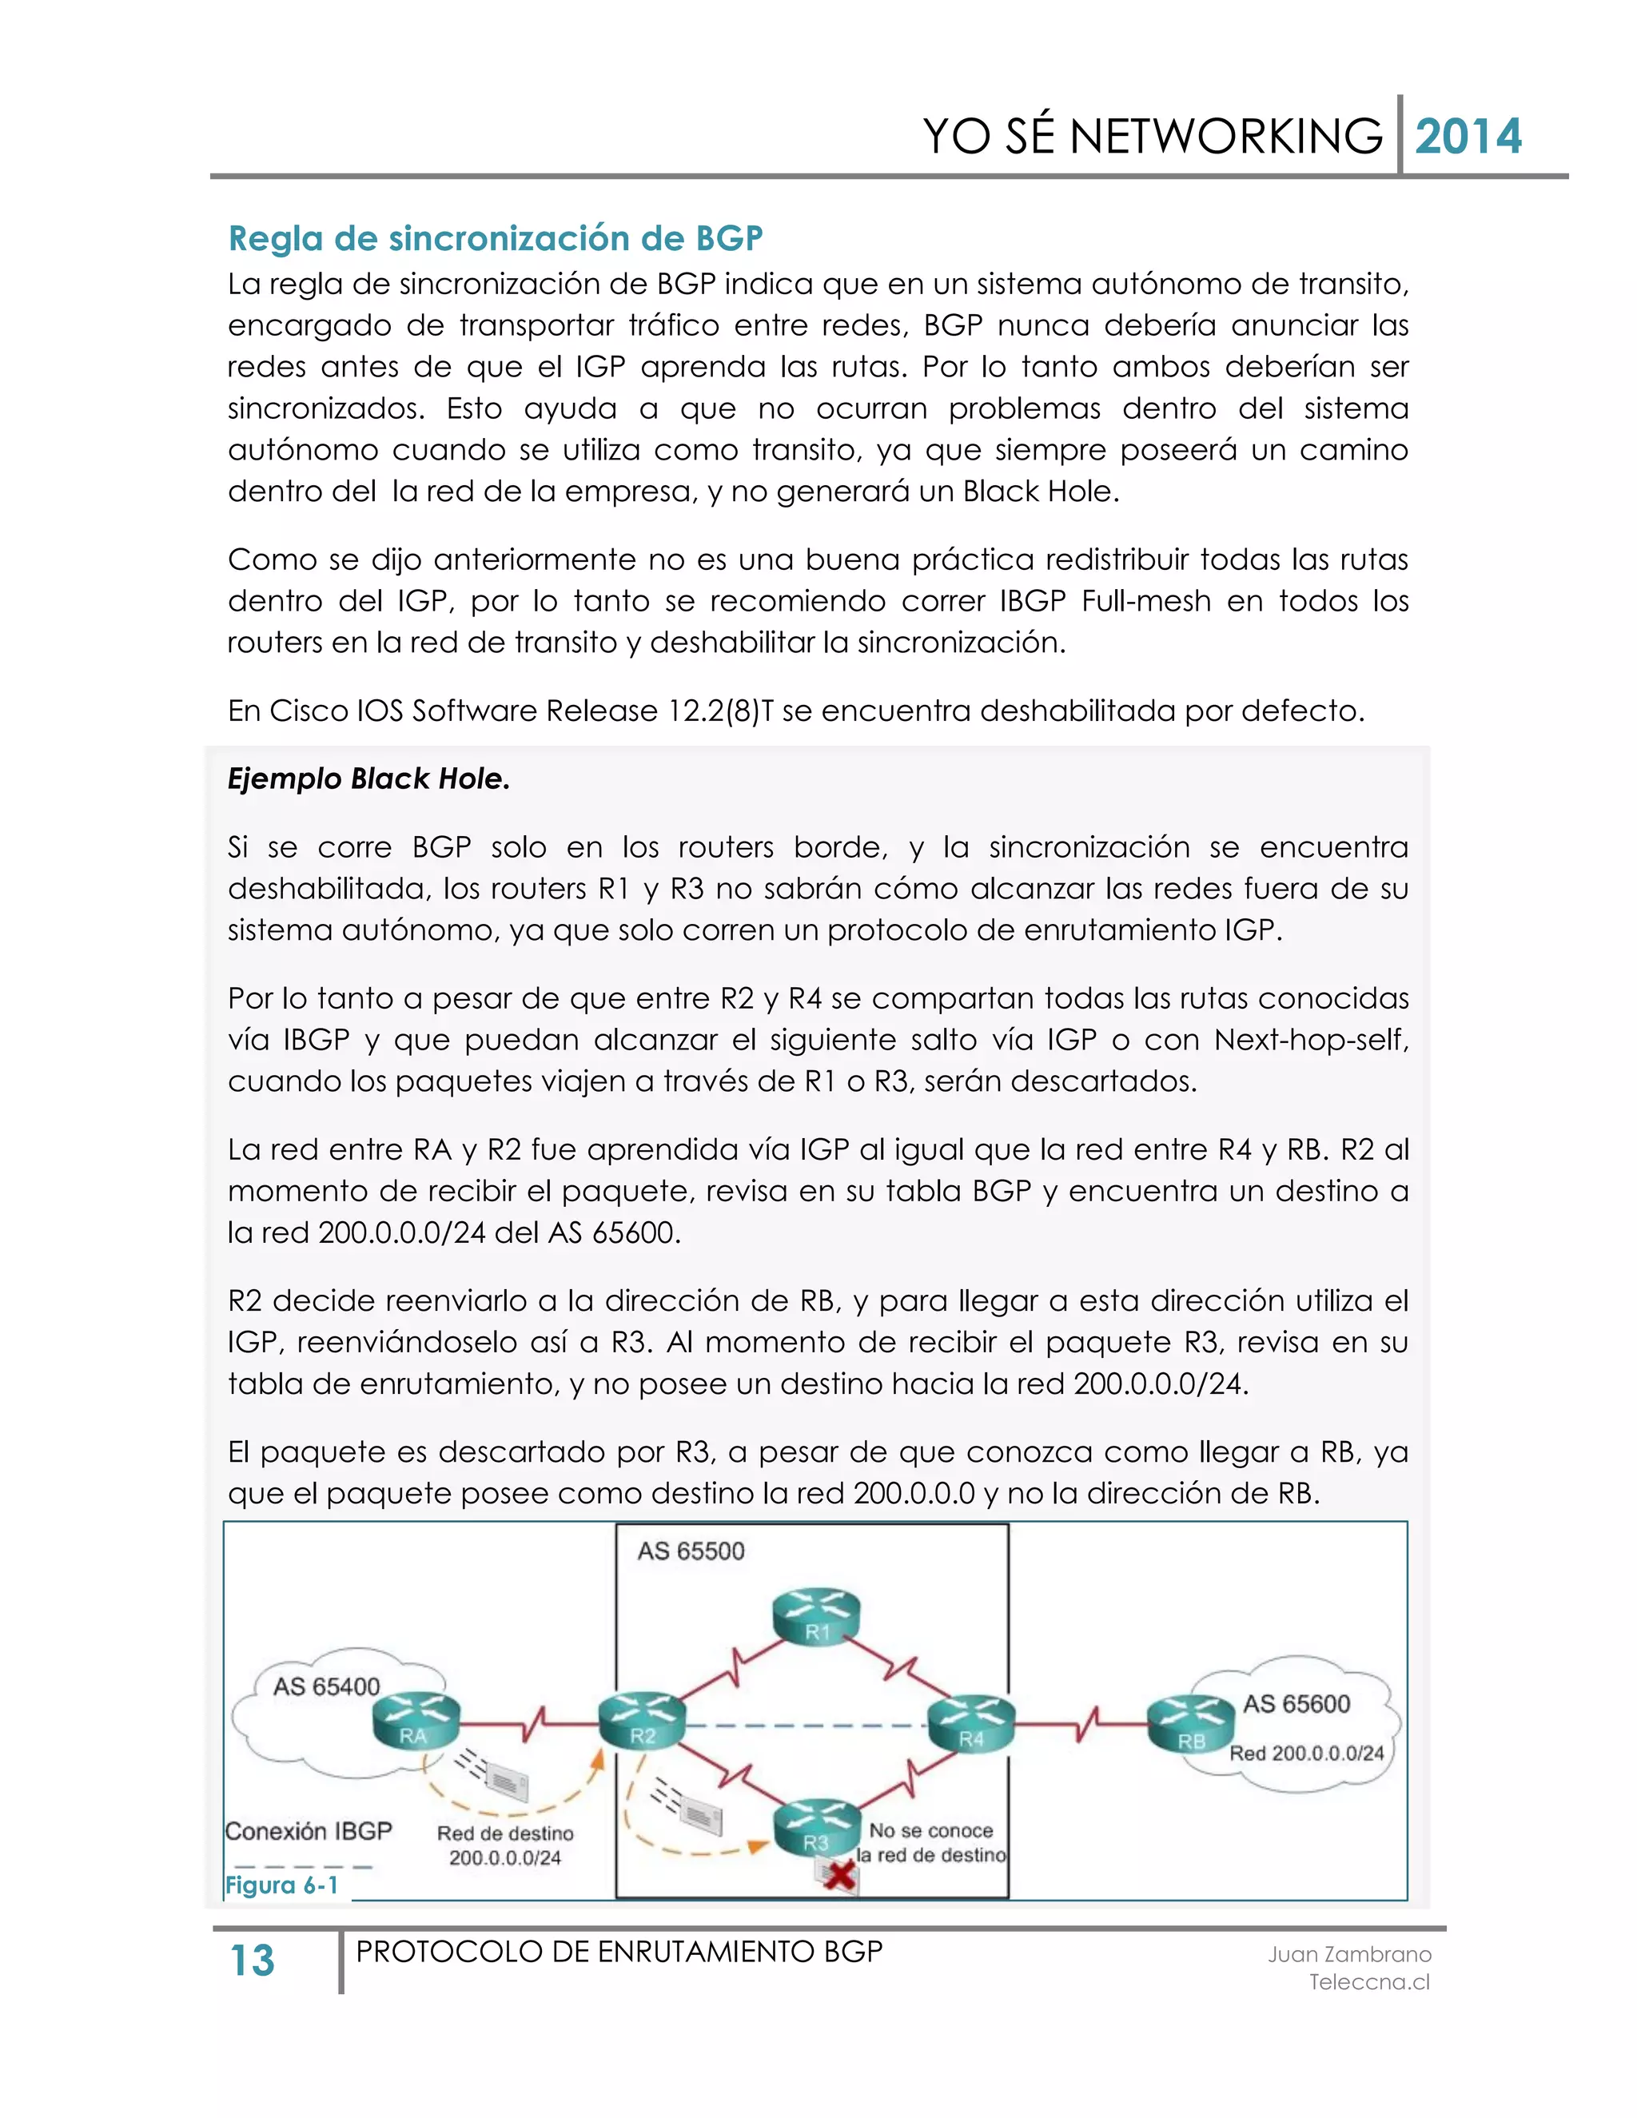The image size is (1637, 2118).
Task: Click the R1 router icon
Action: click(817, 1618)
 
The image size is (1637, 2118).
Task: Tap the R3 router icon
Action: click(817, 1828)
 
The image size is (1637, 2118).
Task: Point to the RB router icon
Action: click(1190, 1726)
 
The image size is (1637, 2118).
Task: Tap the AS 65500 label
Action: click(691, 1551)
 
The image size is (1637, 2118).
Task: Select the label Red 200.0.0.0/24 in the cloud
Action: click(1305, 1754)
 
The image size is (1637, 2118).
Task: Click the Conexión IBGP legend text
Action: click(309, 1831)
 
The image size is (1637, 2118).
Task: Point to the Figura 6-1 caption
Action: click(281, 1885)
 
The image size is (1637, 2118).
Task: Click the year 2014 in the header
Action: click(1468, 137)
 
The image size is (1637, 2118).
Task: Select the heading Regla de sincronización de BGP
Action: click(495, 237)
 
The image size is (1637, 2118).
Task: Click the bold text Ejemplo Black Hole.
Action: click(368, 778)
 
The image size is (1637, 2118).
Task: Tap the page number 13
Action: click(252, 1961)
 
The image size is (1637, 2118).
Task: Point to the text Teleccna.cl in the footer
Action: click(1368, 1982)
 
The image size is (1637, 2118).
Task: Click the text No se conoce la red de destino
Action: click(931, 1842)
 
